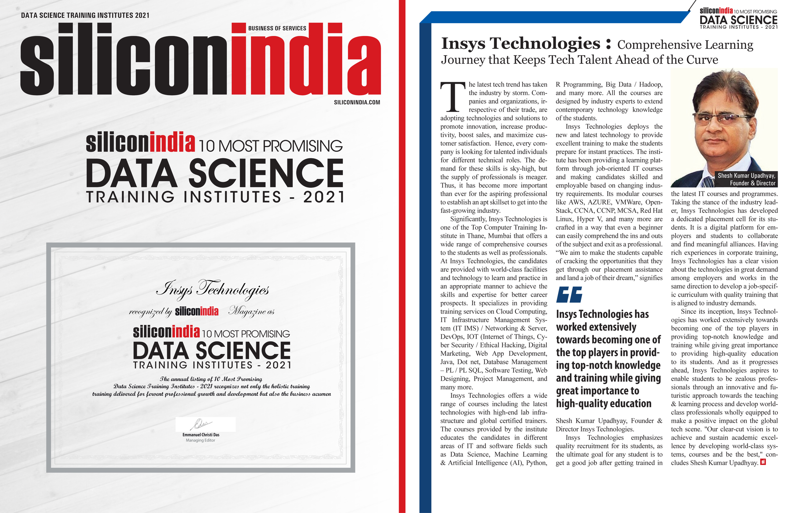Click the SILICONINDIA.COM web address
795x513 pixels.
pyautogui.click(x=357, y=102)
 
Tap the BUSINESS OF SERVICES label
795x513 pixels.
pyautogui.click(x=277, y=28)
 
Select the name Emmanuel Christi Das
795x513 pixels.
pyautogui.click(x=201, y=435)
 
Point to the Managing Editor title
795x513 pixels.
pyautogui.click(x=200, y=440)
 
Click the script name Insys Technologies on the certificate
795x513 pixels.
pyautogui.click(x=212, y=289)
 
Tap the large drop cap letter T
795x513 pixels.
pyautogui.click(x=453, y=97)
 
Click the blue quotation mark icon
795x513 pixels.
pyautogui.click(x=569, y=294)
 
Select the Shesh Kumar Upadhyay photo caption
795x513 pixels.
pyautogui.click(x=746, y=179)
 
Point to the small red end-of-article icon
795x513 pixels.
pyautogui.click(x=763, y=462)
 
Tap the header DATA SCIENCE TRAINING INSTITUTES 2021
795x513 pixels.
pyautogui.click(x=85, y=15)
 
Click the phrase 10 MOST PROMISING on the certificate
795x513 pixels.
pyautogui.click(x=246, y=334)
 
